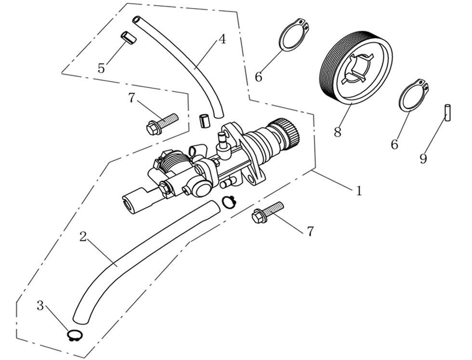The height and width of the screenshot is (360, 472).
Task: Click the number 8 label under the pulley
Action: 337,132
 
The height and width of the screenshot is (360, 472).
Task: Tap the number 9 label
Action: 423,159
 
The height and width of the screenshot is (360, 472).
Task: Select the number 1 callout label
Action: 358,191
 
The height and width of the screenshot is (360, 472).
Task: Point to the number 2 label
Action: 83,236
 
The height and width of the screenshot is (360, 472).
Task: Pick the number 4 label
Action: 222,39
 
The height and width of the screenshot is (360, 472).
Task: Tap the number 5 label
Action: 101,68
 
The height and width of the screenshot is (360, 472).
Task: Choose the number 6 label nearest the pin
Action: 394,144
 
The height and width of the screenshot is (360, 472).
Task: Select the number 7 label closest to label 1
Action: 310,231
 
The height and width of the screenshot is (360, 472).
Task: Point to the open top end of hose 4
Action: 137,20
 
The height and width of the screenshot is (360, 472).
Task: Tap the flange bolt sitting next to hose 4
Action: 161,123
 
